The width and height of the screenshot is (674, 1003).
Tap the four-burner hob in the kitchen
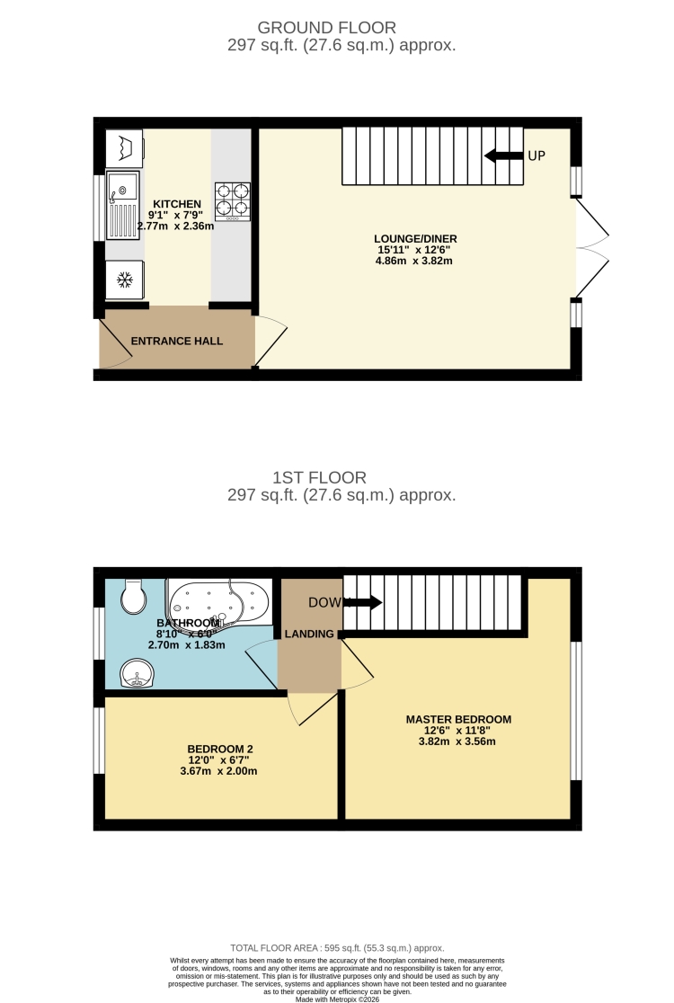coord(232,202)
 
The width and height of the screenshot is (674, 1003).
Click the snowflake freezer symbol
coord(124,280)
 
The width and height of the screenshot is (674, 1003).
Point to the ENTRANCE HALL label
coord(177,342)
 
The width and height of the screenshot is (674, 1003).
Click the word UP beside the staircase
coord(537,155)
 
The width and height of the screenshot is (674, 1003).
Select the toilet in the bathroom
coord(132,596)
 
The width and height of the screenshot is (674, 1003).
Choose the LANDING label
coord(309,634)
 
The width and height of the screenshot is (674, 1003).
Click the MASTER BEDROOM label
coord(458,719)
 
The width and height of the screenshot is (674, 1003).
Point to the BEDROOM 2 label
coord(220,749)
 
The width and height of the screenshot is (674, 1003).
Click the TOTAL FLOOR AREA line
coord(337,948)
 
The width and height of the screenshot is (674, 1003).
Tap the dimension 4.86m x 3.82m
coord(413,262)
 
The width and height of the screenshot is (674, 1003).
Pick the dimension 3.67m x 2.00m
coord(220,771)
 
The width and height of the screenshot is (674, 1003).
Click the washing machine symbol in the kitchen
coord(124,146)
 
